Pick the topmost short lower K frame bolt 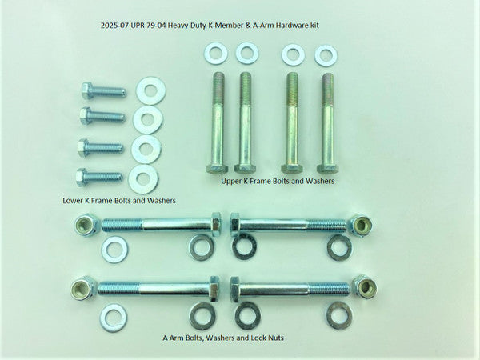point(102,90)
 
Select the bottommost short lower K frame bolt point(99,176)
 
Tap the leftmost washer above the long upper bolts point(215,54)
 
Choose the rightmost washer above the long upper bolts point(326,55)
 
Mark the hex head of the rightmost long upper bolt point(329,166)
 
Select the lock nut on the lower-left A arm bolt point(84,286)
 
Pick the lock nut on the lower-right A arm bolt point(364,286)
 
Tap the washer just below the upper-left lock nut point(114,249)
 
